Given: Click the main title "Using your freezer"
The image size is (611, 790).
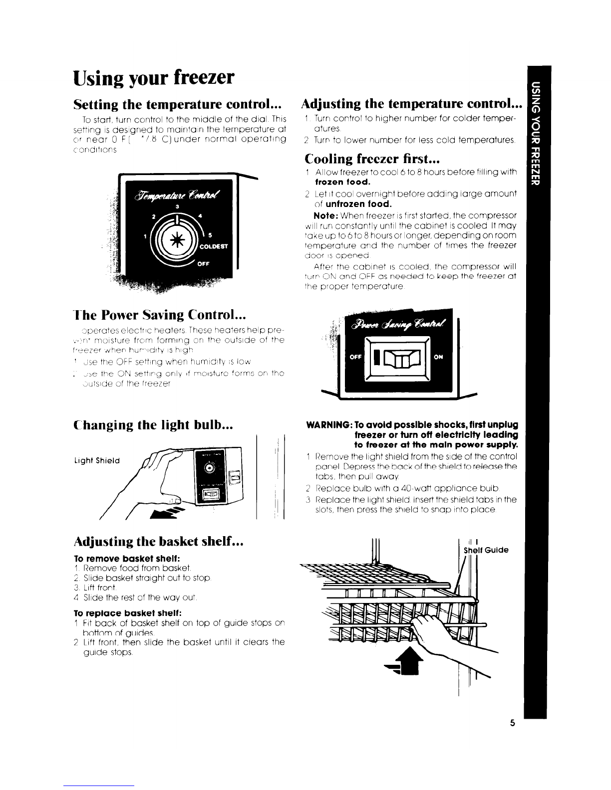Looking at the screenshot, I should [x=153, y=78].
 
